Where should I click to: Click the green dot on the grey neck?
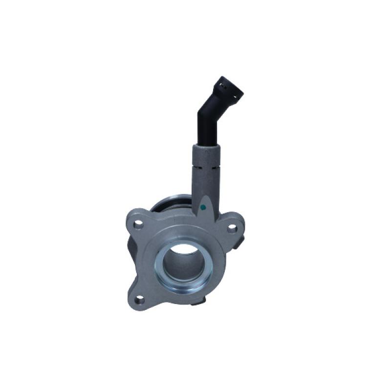[x=203, y=207]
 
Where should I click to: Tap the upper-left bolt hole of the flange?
[x=139, y=225]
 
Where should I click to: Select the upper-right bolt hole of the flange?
[x=232, y=228]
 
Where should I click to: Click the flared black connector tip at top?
[x=228, y=89]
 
